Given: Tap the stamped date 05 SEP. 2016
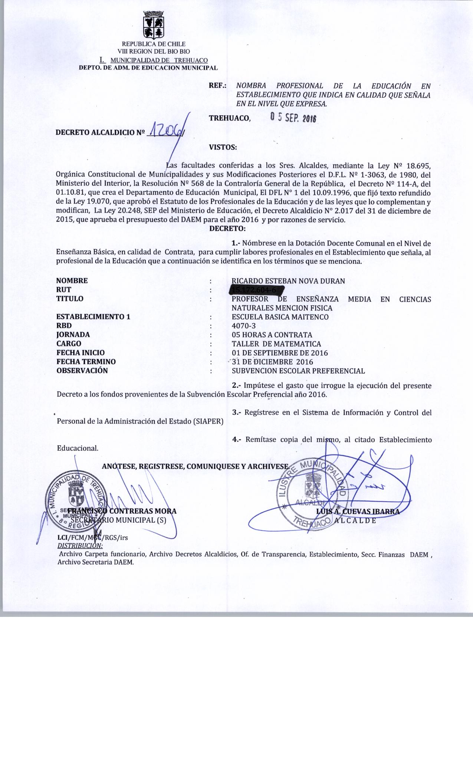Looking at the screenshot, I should coord(293,118).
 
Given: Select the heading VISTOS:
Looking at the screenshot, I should coord(223,147).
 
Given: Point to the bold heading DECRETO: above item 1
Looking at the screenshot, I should coord(228,229).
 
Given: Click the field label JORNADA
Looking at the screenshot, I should coord(73,335).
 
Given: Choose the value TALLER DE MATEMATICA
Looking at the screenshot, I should coord(276,344).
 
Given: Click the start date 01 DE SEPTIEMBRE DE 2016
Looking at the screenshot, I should coord(280,353).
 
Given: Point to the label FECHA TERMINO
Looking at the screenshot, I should coord(86,362).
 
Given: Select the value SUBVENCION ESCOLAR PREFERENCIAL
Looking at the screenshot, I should coord(298,371).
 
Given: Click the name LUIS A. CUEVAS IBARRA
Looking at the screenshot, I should coord(358,512).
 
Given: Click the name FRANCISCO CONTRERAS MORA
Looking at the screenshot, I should coord(122,511).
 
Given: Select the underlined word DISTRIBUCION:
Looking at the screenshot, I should coord(80,545).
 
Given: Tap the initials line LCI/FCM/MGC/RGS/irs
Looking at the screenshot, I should coord(93,537).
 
